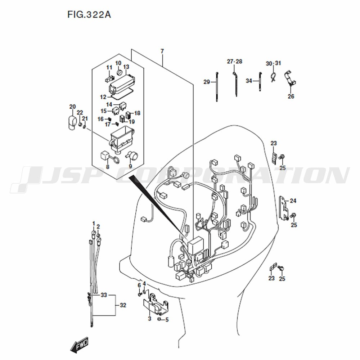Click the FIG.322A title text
coord(89,15)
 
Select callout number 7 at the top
coord(162,51)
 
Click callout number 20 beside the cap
coord(73,107)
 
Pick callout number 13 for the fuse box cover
coord(126,67)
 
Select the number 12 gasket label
coord(103,97)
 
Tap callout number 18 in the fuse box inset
coord(137,113)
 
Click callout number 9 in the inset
coord(130,166)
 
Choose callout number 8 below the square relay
coord(107,167)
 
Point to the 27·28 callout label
coord(235,62)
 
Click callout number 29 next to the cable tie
coord(207,82)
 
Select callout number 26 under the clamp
coord(291,96)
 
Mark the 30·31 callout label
coord(274,63)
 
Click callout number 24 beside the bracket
coord(293,201)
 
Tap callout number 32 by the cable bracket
coord(123,305)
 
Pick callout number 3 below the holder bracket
coord(149,319)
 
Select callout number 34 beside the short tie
coord(249,81)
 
